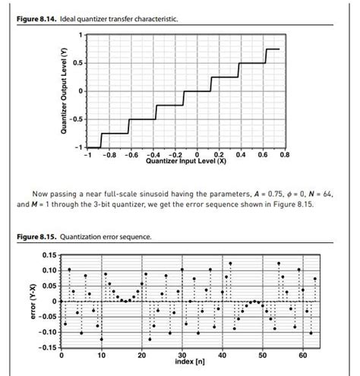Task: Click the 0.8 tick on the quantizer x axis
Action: pyautogui.click(x=284, y=154)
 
